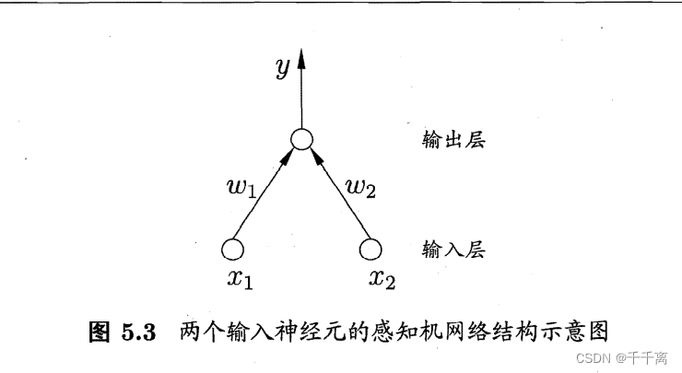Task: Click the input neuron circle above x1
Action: coord(232,249)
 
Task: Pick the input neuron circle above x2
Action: coord(370,249)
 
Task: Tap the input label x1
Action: coord(241,278)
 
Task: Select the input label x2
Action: coord(382,278)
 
